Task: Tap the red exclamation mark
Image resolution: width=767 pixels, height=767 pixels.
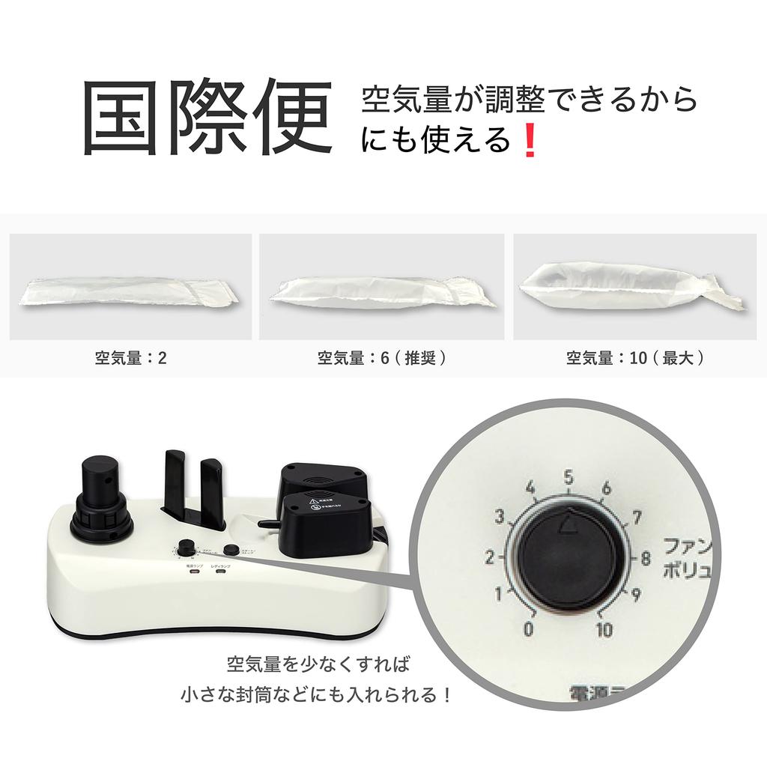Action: coord(530,140)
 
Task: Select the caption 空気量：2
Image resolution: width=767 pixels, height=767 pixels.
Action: coord(130,358)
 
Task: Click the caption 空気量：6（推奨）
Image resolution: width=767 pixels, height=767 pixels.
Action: coord(382,358)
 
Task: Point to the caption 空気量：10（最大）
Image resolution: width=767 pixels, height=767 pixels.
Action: coord(635,358)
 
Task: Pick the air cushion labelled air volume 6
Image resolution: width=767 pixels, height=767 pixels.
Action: coord(382,291)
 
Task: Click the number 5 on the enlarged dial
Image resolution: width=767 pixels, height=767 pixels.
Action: coord(568,478)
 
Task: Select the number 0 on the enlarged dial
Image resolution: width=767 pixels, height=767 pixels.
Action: coord(530,629)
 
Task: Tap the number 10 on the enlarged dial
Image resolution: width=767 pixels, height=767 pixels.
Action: coord(604,629)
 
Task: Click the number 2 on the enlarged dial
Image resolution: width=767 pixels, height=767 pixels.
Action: coord(489,558)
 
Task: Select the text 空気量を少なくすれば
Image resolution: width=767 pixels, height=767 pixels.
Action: coord(318,664)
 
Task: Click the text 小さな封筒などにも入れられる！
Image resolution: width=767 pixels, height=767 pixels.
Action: coord(318,695)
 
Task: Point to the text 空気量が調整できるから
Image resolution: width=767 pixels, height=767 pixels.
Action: coord(530,99)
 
